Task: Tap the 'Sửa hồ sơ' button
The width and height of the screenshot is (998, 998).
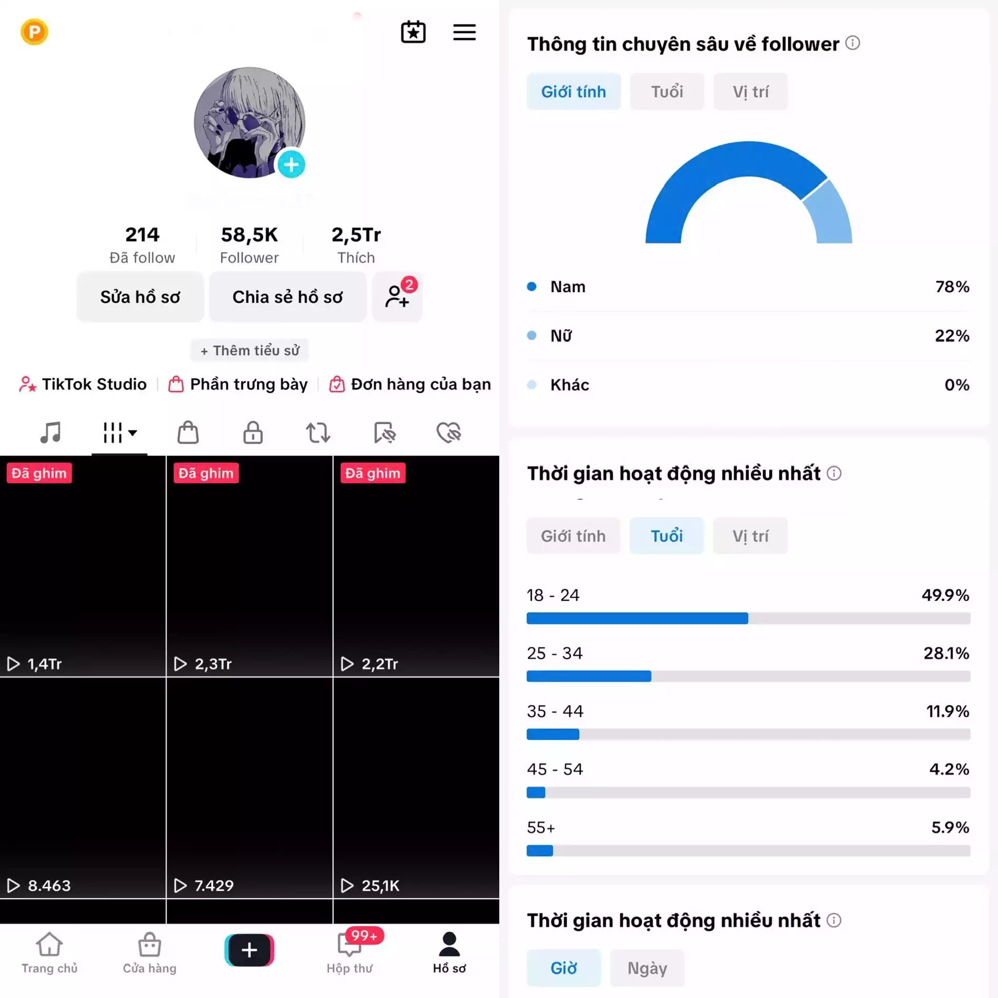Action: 140,297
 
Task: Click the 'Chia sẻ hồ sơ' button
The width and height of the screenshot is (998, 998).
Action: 287,297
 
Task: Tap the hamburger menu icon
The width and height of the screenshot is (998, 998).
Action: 464,33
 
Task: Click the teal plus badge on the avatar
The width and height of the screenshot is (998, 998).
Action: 291,164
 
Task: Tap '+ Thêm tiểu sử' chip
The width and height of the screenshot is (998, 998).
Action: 250,351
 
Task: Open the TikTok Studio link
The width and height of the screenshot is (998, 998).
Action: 83,384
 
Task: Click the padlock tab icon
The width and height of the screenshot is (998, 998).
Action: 253,433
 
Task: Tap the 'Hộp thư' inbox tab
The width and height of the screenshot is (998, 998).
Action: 349,953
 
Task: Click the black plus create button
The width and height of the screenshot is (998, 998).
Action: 249,950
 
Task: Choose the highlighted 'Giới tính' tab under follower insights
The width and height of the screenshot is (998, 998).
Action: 573,92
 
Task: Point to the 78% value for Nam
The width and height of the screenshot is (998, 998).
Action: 952,286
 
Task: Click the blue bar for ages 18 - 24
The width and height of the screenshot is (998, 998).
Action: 637,618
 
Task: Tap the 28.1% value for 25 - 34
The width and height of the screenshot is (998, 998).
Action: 946,653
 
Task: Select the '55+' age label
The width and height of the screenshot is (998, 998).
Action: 541,828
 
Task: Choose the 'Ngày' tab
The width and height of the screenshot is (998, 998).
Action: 647,968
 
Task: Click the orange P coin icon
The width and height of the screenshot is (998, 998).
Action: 34,32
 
